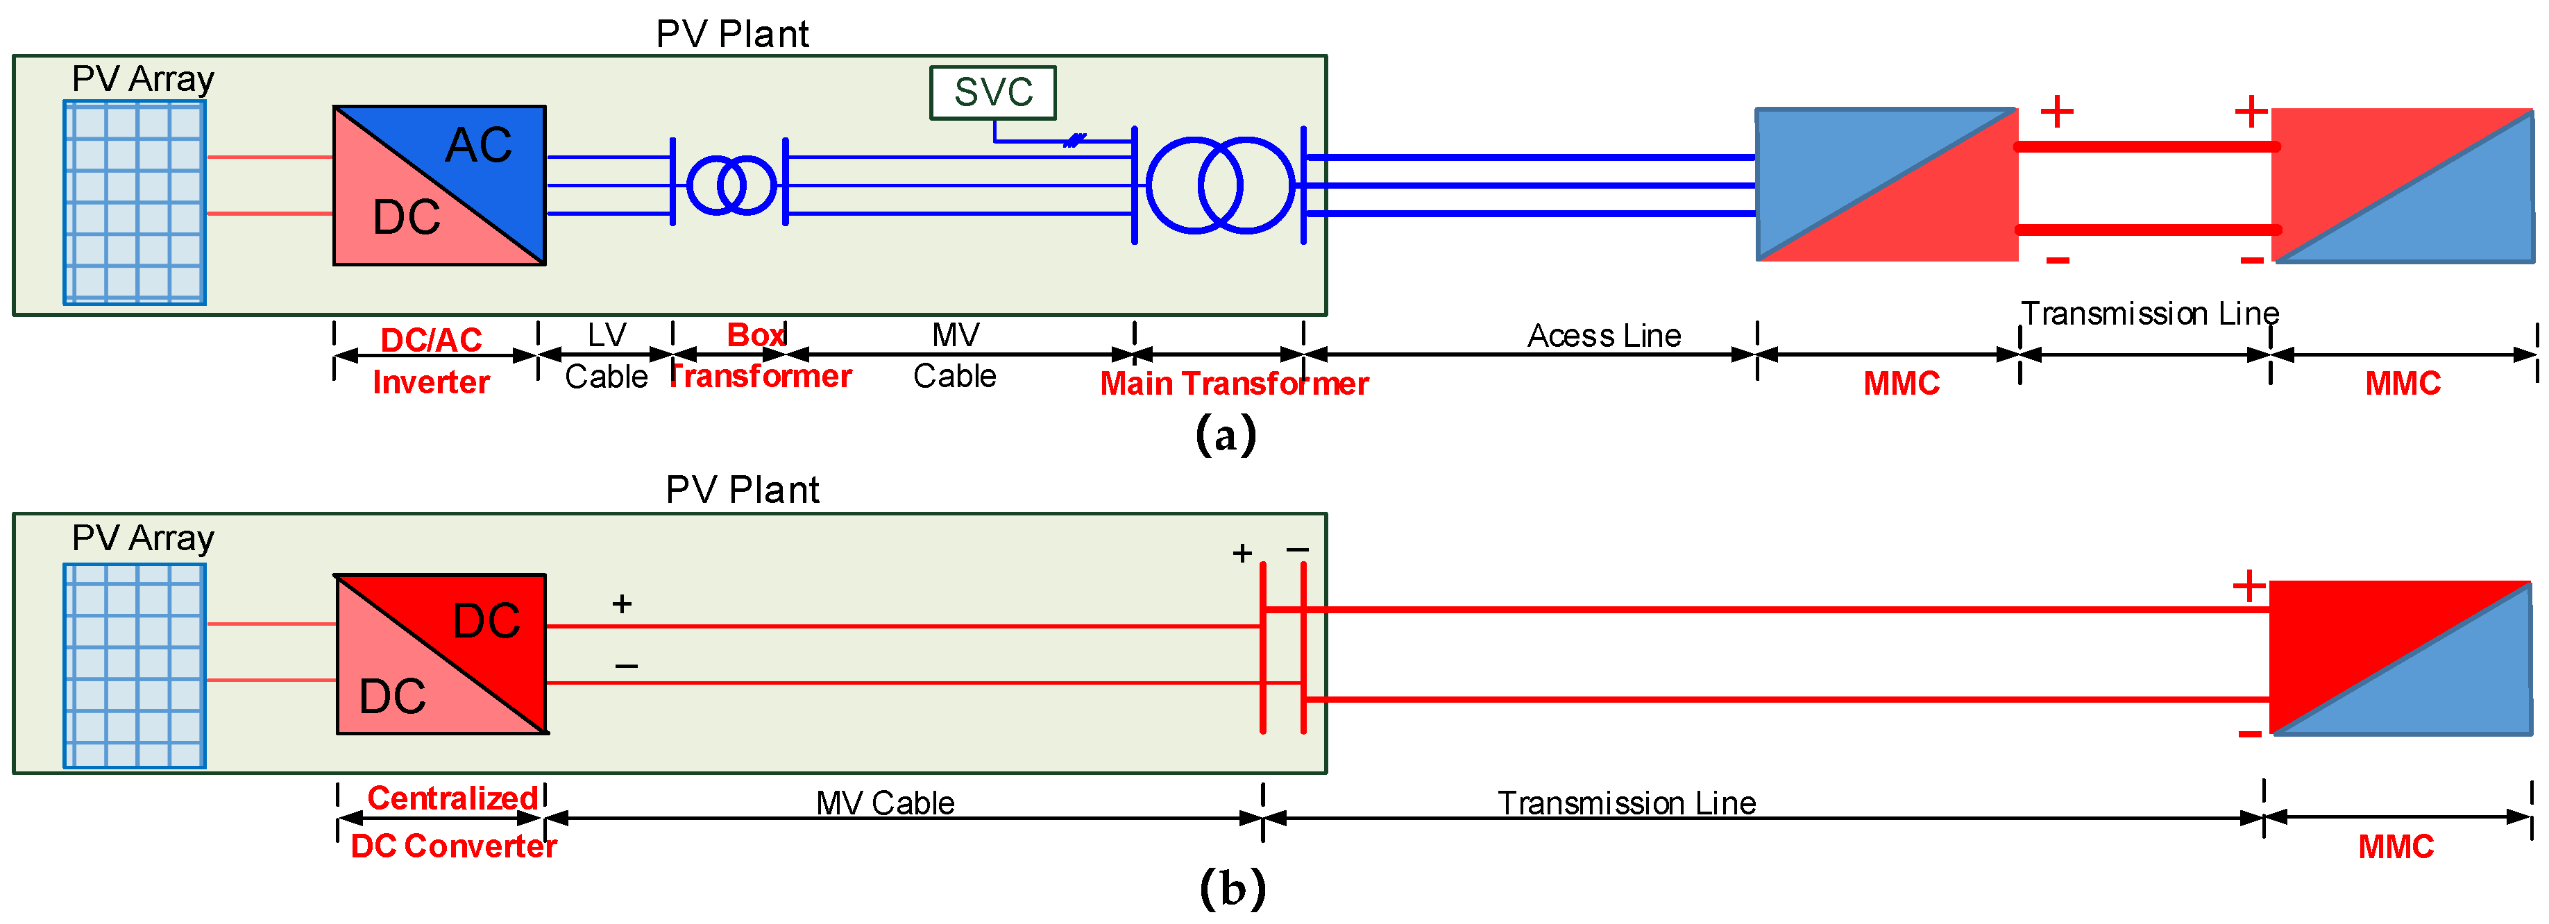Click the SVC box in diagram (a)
(992, 93)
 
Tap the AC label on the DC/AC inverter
(478, 146)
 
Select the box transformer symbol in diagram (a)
(731, 185)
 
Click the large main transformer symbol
(1219, 185)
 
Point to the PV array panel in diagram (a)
(135, 203)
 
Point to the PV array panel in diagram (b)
(135, 666)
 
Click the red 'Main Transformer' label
(1234, 383)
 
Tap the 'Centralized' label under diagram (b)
(452, 797)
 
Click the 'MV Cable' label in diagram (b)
(885, 803)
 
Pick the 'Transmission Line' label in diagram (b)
(1626, 803)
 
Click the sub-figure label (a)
(1225, 434)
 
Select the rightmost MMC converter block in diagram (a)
(2402, 185)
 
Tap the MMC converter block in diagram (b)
(2400, 658)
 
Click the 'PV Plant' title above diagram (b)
(742, 490)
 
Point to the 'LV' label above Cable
(607, 335)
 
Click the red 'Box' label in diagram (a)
(756, 334)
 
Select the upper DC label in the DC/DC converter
(486, 620)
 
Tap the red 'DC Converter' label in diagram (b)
(453, 846)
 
